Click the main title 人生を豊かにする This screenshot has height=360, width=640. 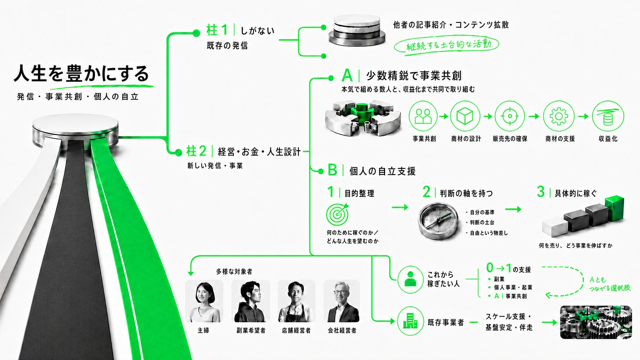81,73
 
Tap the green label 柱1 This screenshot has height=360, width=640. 217,30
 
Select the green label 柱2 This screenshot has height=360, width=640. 196,151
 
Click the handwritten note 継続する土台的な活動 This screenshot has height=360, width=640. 447,45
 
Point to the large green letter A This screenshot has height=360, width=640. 347,76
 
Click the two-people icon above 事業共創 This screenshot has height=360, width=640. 423,116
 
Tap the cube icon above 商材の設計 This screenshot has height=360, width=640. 465,116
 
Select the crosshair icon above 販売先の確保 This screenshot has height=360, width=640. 510,116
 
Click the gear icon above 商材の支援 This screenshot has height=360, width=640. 559,116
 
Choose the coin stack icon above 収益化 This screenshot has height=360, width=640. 608,116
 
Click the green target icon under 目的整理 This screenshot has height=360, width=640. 338,214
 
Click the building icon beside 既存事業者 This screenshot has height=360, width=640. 410,322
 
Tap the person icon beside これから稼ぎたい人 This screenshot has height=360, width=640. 410,280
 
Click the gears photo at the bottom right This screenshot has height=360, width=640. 596,322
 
